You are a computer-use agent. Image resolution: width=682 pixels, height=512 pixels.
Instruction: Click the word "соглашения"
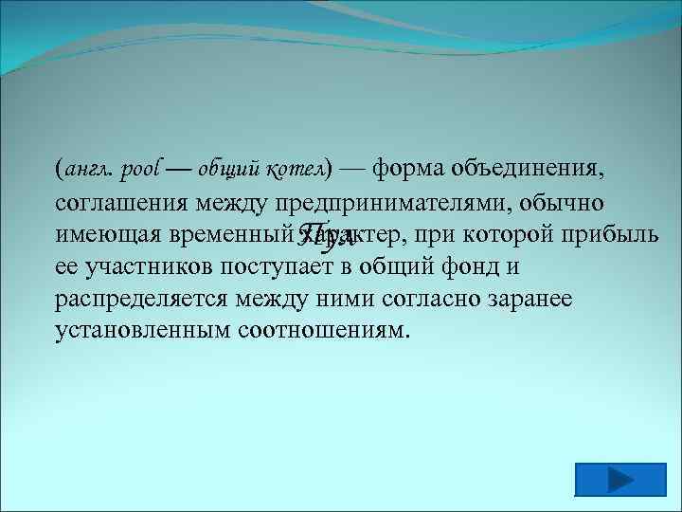point(120,203)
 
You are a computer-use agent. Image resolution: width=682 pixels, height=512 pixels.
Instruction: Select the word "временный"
point(231,235)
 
